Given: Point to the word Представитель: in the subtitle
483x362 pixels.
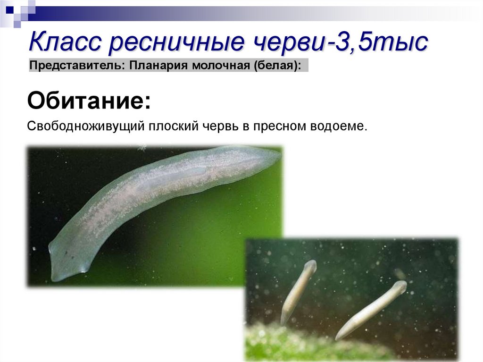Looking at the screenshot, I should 76,65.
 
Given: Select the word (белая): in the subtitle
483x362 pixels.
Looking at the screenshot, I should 278,65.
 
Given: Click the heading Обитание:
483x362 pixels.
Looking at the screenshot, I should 89,101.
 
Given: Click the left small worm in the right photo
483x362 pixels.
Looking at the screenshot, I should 297,290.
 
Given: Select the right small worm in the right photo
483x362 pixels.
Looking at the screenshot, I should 373,309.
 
